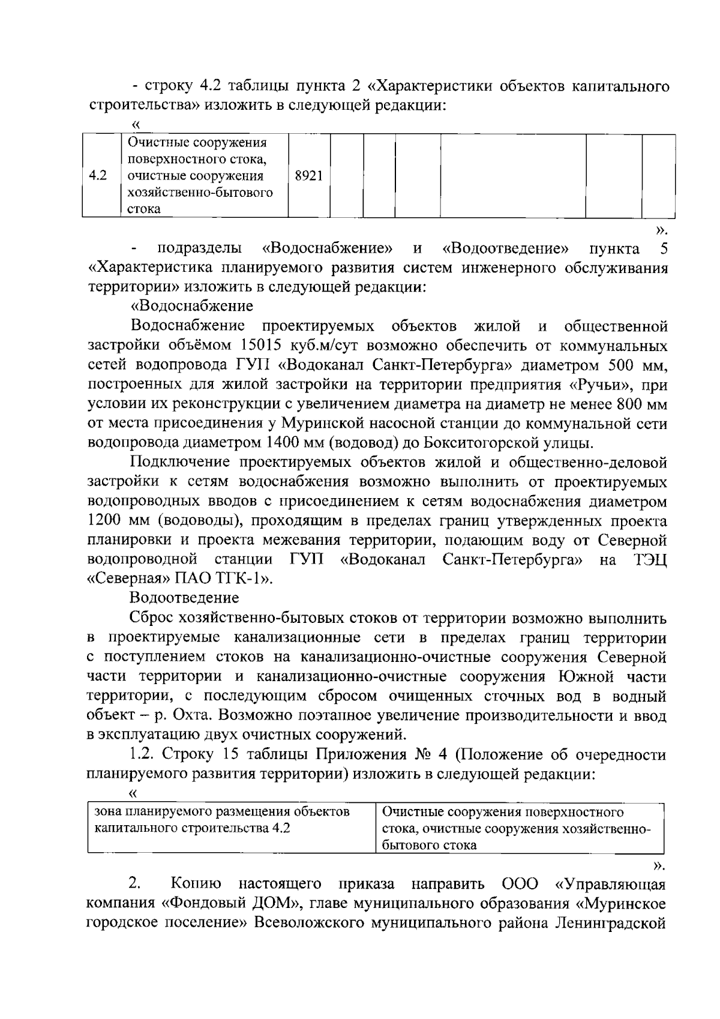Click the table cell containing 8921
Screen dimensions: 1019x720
309,176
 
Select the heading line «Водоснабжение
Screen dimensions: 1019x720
192,306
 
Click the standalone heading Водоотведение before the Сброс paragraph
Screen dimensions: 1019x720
184,598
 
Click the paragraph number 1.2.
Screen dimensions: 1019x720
143,754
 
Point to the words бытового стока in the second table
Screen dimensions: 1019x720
430,846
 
